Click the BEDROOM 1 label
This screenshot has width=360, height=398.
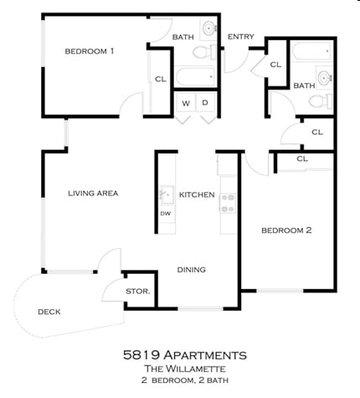point(90,51)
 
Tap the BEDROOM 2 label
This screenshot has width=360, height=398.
point(286,230)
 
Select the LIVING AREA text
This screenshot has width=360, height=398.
point(93,194)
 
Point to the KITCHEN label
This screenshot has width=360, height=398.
point(197,194)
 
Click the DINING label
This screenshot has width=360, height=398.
point(192,270)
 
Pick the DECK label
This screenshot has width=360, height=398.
point(49,312)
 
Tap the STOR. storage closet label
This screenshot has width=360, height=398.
point(138,292)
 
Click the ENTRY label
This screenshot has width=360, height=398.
point(241,37)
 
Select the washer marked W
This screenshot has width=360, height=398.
point(186,103)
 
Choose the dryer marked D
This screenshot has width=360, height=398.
point(206,103)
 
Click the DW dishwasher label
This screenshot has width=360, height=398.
point(165,214)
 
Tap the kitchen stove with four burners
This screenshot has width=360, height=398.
point(228,203)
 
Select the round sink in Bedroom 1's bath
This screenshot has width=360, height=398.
point(209,28)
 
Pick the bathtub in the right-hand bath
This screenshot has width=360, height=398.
point(311,51)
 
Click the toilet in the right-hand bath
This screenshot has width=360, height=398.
point(321,101)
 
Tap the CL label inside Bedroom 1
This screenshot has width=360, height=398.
point(161,80)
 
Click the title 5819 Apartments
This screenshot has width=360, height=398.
point(185,355)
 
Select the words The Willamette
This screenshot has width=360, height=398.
point(185,369)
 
